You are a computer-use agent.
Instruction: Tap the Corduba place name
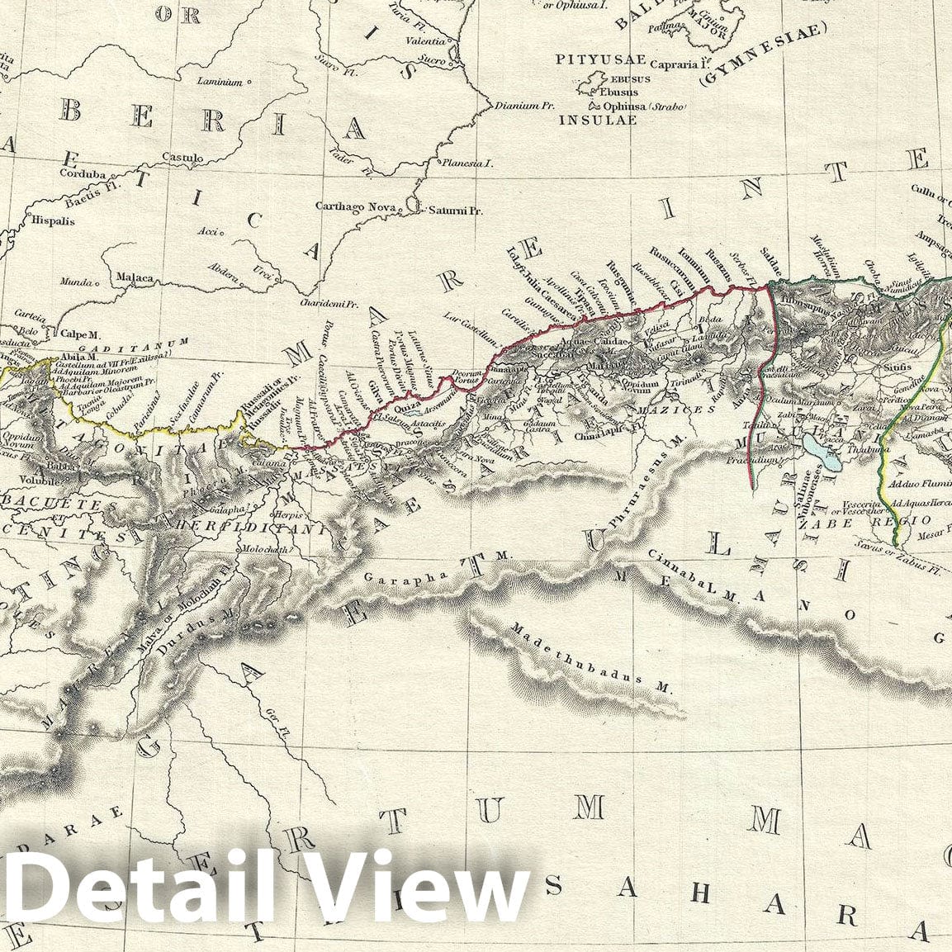pyautogui.click(x=83, y=174)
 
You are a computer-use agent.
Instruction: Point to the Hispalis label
pyautogui.click(x=52, y=221)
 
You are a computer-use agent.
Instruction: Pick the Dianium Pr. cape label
pyautogui.click(x=523, y=106)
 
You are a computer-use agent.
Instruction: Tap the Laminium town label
pyautogui.click(x=220, y=82)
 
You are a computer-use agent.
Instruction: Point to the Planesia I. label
pyautogui.click(x=467, y=163)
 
